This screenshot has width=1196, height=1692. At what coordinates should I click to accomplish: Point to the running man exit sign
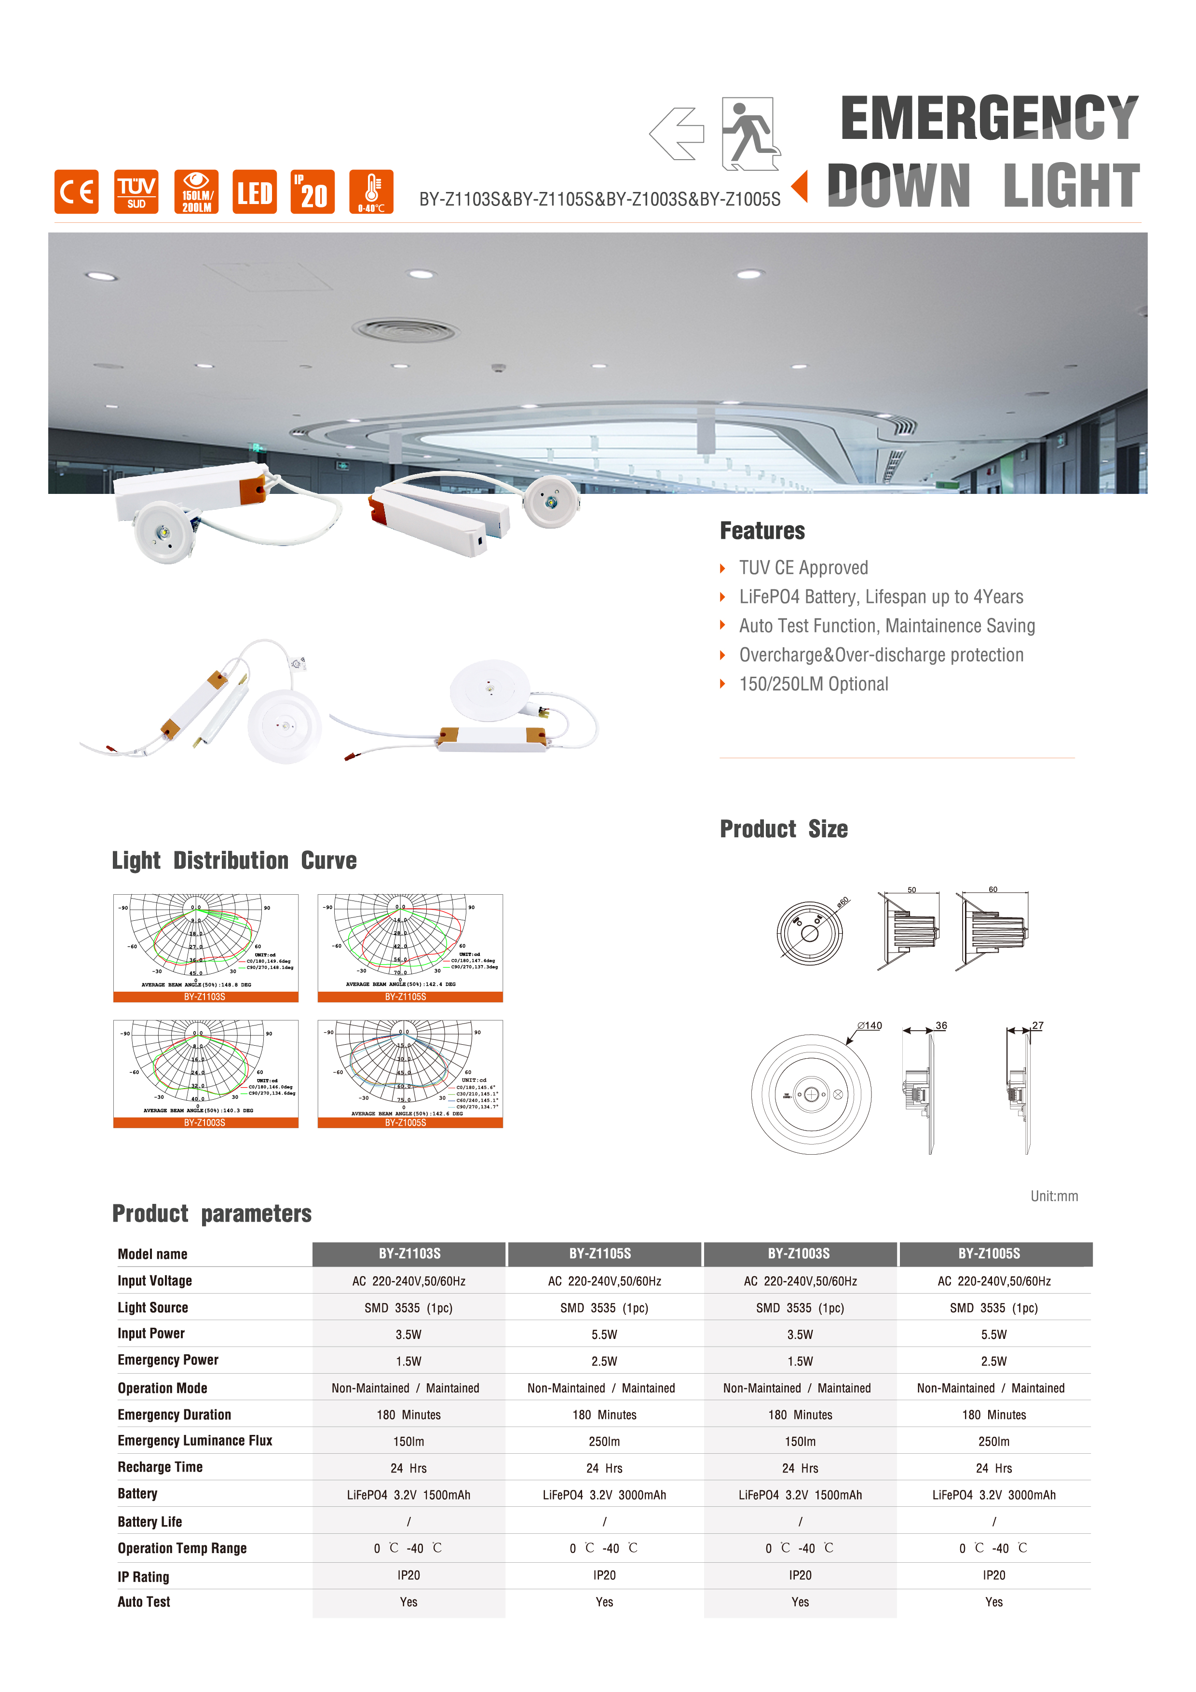750,134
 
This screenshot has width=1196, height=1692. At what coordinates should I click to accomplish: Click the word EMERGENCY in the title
989,118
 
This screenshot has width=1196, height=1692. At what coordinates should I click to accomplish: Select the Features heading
762,531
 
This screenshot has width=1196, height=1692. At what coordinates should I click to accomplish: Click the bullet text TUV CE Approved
803,567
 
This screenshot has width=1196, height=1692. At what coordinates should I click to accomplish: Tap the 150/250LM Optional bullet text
814,684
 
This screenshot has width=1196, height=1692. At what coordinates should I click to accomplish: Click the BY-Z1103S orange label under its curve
205,996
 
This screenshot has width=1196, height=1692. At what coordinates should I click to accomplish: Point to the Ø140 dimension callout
870,1025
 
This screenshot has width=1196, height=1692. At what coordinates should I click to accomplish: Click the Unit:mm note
1054,1196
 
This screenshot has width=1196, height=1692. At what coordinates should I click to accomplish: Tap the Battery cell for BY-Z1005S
993,1495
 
